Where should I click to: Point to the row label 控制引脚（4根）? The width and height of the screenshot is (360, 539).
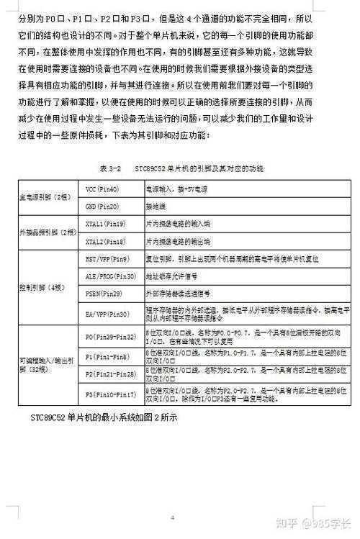point(42,286)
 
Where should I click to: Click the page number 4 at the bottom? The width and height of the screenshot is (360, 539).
point(173,517)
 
